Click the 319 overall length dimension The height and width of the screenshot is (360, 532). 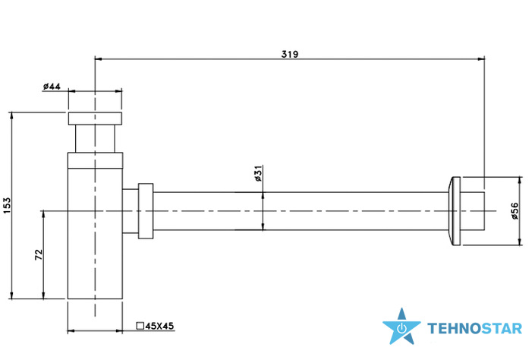point(290,54)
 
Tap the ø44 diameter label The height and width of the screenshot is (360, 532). point(52,87)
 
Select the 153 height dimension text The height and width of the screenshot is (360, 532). point(7,206)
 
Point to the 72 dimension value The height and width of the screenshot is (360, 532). point(39,254)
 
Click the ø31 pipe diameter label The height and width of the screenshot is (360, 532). point(259,173)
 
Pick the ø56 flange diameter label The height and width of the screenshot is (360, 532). point(515,211)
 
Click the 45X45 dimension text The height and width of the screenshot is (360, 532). point(159,326)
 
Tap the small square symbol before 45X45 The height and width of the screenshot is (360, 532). point(140,326)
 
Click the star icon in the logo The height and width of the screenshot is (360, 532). point(401,327)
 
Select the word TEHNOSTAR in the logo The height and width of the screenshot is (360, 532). point(475,329)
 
